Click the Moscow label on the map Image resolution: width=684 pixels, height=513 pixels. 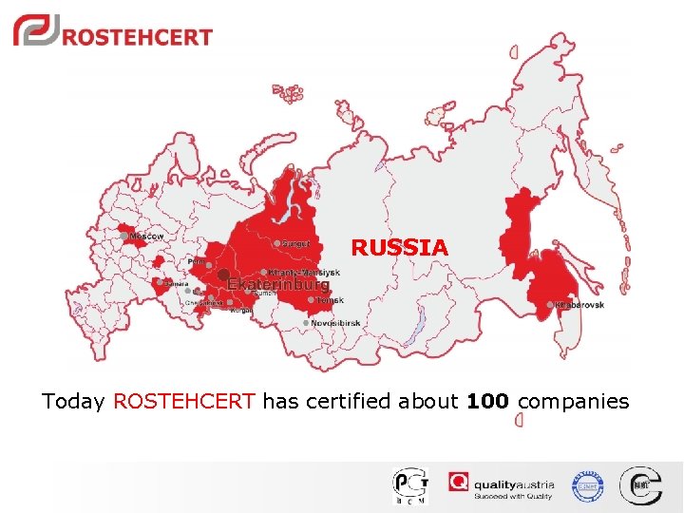(147, 236)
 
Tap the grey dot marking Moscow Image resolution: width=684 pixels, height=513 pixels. (124, 235)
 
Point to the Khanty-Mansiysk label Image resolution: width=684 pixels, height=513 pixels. (304, 273)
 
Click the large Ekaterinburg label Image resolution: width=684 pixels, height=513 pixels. (277, 284)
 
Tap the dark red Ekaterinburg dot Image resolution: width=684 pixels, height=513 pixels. (223, 275)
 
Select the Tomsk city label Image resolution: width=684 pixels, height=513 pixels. (330, 300)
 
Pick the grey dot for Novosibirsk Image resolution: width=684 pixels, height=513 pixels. (306, 323)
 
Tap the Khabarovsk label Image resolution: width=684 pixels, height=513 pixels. (579, 305)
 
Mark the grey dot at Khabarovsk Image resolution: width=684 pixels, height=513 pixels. (551, 305)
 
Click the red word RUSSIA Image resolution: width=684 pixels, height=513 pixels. (399, 248)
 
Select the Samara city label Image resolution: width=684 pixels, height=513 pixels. (176, 283)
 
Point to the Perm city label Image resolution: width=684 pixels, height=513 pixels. (198, 260)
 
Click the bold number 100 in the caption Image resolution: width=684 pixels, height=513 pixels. (487, 402)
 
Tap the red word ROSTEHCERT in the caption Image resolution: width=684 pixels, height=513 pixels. (184, 402)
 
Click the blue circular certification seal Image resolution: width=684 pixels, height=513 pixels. (587, 486)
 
